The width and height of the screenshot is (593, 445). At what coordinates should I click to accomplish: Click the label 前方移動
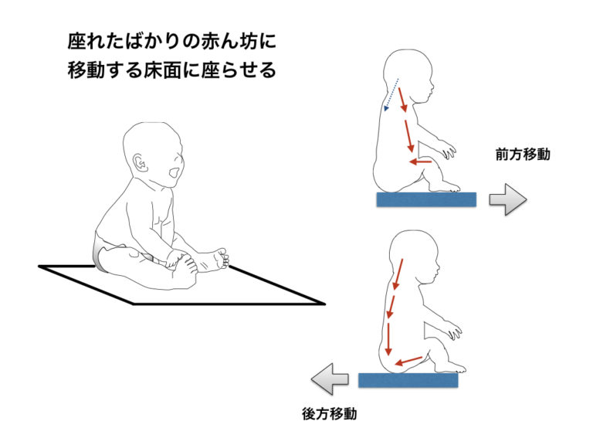(x=523, y=155)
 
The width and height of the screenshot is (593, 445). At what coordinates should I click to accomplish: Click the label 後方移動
(x=330, y=413)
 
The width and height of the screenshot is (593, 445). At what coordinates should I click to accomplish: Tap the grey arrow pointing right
(x=507, y=199)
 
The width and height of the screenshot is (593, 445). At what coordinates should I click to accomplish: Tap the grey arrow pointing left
(x=330, y=379)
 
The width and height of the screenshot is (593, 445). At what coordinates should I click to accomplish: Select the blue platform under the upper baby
(x=426, y=199)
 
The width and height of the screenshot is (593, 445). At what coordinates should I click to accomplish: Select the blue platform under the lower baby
(x=408, y=380)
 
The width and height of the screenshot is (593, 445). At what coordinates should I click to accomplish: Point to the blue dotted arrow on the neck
(x=391, y=94)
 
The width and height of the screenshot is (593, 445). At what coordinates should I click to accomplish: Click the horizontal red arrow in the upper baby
(x=421, y=162)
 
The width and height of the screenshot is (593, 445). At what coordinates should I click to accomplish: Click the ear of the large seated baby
(x=139, y=164)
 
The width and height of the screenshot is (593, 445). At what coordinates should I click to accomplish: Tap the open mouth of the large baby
(x=174, y=173)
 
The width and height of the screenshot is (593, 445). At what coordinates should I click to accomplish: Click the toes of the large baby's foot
(x=223, y=259)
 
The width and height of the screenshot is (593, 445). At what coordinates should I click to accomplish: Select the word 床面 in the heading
(x=162, y=70)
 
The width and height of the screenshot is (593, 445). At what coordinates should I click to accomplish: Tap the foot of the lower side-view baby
(x=450, y=366)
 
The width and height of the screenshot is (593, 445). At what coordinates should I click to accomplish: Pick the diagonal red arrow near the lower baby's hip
(x=408, y=361)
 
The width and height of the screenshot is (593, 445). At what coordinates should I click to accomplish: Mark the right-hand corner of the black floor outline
(x=324, y=304)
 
